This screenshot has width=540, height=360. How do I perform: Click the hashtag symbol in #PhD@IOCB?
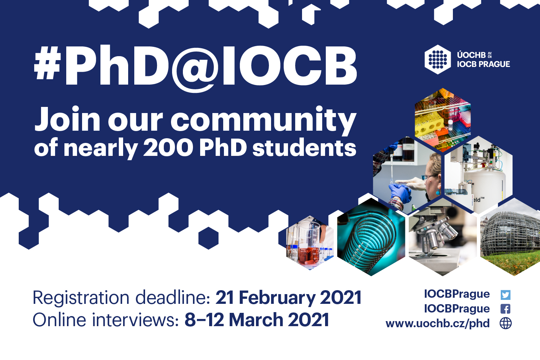point(47,66)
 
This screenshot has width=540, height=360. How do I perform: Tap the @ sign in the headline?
point(195,70)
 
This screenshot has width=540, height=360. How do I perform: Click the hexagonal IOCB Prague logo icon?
point(437,59)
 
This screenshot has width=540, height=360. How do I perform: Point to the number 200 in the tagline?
point(168,148)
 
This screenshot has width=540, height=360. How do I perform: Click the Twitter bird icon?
point(505,295)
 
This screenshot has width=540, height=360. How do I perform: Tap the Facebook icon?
point(505,309)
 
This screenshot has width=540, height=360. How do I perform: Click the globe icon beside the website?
point(505,323)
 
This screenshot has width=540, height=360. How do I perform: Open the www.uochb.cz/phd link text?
point(437,323)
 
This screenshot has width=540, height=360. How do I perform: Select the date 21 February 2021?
point(288,298)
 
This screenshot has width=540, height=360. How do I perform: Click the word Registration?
point(81,298)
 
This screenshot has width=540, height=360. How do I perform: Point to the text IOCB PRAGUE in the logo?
point(483,64)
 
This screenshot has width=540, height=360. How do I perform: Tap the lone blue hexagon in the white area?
point(208,238)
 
